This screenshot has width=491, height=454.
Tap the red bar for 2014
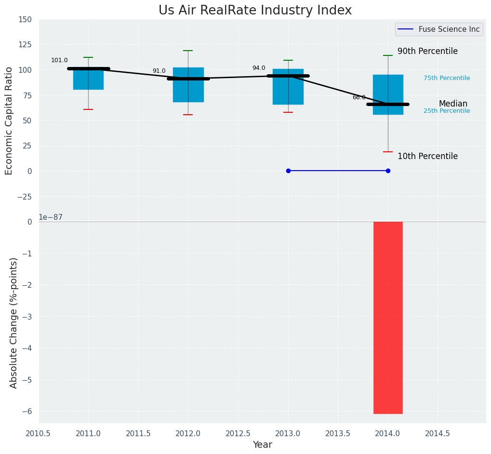(388, 318)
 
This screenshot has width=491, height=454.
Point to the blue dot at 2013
(288, 171)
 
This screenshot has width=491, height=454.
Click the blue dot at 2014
(388, 171)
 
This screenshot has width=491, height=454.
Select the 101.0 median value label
(59, 60)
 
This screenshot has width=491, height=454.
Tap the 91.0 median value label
(159, 71)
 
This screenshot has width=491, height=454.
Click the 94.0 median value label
(259, 68)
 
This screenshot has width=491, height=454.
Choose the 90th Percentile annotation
(427, 52)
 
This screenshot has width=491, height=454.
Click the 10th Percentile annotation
(427, 156)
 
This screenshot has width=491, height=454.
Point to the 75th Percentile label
(447, 78)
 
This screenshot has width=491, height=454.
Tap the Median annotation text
(453, 104)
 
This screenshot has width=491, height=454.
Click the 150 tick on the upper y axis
(25, 20)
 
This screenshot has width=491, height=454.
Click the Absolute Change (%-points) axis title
(14, 322)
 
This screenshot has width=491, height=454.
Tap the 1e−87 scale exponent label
(51, 217)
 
